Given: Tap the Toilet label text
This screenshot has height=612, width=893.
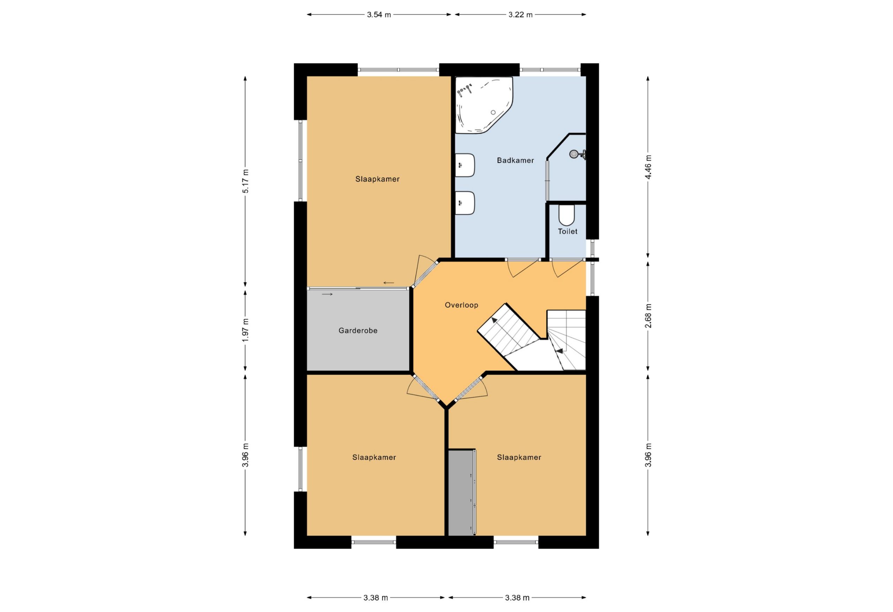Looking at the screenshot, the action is click(568, 231).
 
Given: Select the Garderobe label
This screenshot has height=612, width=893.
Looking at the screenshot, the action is click(358, 330).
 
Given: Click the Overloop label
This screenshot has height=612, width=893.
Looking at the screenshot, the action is click(461, 305).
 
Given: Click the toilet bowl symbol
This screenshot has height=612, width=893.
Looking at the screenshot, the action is click(566, 215).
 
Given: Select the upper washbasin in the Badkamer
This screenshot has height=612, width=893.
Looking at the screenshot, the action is click(465, 165).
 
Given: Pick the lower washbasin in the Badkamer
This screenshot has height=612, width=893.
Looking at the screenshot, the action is click(465, 203).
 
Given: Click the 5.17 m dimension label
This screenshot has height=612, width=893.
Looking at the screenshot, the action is click(246, 181).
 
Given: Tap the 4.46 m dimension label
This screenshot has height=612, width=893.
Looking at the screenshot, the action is click(648, 167).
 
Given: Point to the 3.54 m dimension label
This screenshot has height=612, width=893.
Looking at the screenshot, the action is click(379, 15).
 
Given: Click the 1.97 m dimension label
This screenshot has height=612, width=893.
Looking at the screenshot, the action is click(246, 330).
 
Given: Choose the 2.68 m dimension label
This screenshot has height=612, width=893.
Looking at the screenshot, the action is click(648, 316).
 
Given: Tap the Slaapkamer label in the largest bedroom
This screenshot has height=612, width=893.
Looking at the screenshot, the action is click(377, 179).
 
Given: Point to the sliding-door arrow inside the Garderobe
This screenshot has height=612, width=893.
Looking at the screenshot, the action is click(327, 294).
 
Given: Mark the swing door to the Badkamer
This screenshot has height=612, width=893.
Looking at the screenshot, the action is click(523, 268).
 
